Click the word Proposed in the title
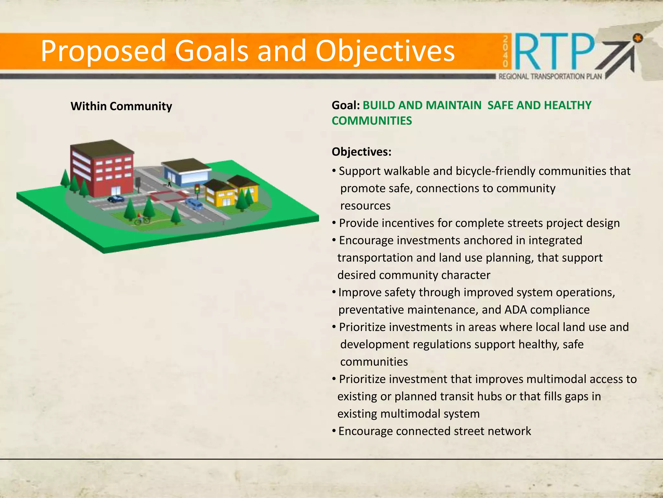(103, 51)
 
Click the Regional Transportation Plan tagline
(550, 77)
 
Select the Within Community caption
(121, 106)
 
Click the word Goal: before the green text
(345, 105)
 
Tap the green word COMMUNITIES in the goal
(372, 121)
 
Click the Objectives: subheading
(361, 152)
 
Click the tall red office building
(102, 169)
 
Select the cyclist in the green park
(141, 219)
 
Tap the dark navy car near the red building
(115, 199)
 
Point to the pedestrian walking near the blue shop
(169, 182)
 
